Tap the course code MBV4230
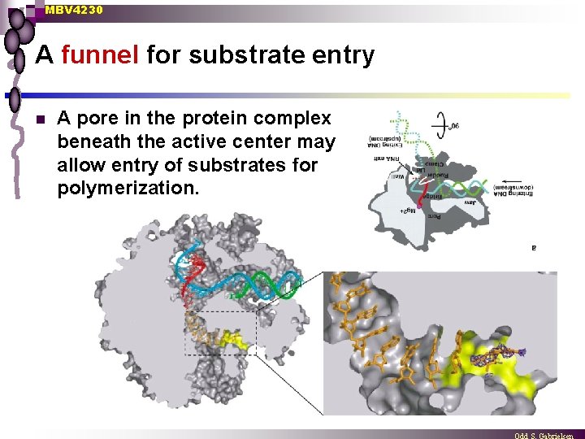pos(74,10)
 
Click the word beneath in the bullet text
pos(96,142)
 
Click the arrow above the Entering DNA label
pos(513,183)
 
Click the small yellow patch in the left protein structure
pos(237,338)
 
